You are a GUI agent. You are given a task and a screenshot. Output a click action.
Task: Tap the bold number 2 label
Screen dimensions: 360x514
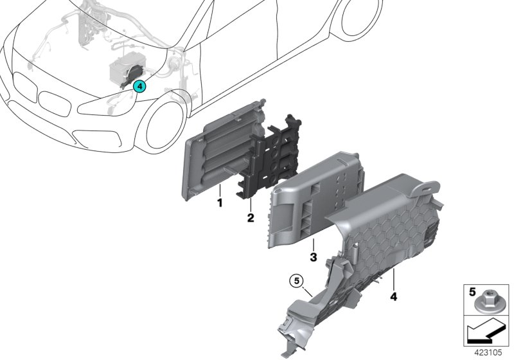tap(251, 218)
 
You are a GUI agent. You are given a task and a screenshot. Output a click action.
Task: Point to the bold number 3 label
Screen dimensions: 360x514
tap(312, 258)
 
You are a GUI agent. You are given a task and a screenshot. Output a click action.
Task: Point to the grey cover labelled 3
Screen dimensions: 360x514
tap(315, 193)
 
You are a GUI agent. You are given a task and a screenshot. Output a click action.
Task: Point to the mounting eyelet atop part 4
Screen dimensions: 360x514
tap(425, 186)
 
